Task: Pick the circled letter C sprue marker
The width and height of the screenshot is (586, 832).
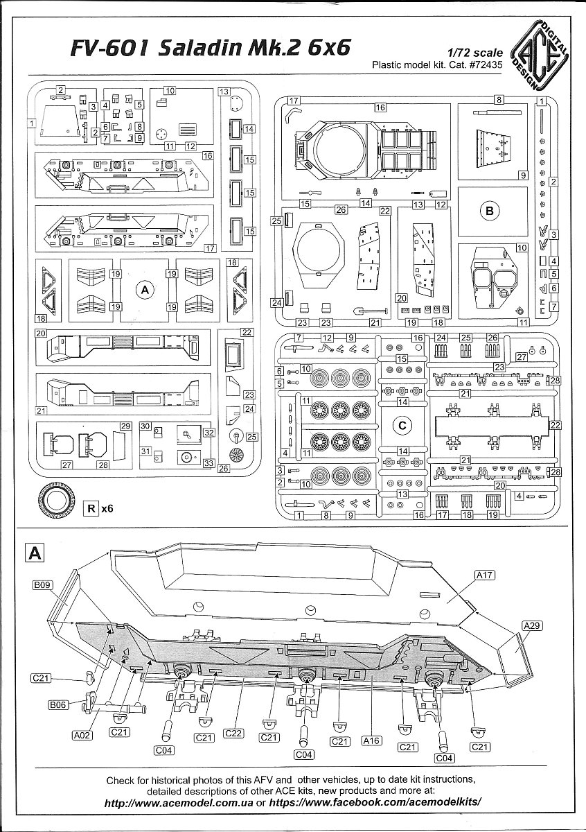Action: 402,425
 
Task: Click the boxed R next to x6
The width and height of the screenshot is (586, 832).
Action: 90,508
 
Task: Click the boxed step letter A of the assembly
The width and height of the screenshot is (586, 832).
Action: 35,553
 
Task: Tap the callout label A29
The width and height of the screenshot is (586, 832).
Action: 532,625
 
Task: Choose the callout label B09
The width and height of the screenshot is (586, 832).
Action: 43,586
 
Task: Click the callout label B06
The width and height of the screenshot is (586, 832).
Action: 59,705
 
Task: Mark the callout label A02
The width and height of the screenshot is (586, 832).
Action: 82,737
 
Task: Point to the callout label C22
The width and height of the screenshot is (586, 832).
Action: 233,734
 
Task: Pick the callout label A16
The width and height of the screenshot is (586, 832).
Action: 373,741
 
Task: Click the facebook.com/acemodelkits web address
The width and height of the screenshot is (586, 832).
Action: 374,802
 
